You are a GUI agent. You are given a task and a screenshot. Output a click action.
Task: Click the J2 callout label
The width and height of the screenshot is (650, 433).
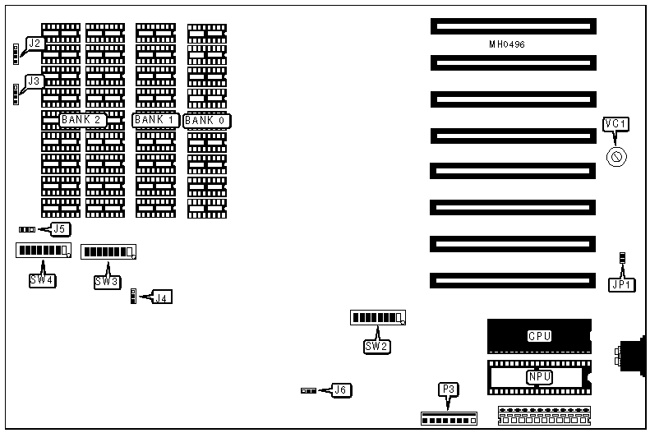tap(34, 43)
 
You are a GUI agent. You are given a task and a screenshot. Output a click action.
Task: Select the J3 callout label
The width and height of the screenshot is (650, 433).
tap(34, 81)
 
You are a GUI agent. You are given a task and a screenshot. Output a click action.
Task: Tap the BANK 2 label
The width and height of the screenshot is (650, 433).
tap(82, 120)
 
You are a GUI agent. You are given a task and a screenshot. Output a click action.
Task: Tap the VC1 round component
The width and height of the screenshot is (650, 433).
tap(616, 155)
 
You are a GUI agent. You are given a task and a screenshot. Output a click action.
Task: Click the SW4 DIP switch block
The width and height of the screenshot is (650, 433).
tap(43, 250)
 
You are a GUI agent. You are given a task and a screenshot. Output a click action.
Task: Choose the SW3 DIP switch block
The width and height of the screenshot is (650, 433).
tap(108, 251)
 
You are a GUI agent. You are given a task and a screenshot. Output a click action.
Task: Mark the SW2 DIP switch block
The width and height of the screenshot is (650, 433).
tap(378, 318)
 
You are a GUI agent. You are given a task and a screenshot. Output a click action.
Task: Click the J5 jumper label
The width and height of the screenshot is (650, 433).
tap(60, 229)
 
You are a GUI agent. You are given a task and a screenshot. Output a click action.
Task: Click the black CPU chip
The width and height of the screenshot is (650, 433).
tap(539, 336)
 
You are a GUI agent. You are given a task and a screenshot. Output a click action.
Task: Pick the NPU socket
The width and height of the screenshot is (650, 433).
tap(539, 376)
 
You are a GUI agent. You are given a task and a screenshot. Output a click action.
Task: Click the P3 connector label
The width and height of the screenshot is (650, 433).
tap(448, 390)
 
